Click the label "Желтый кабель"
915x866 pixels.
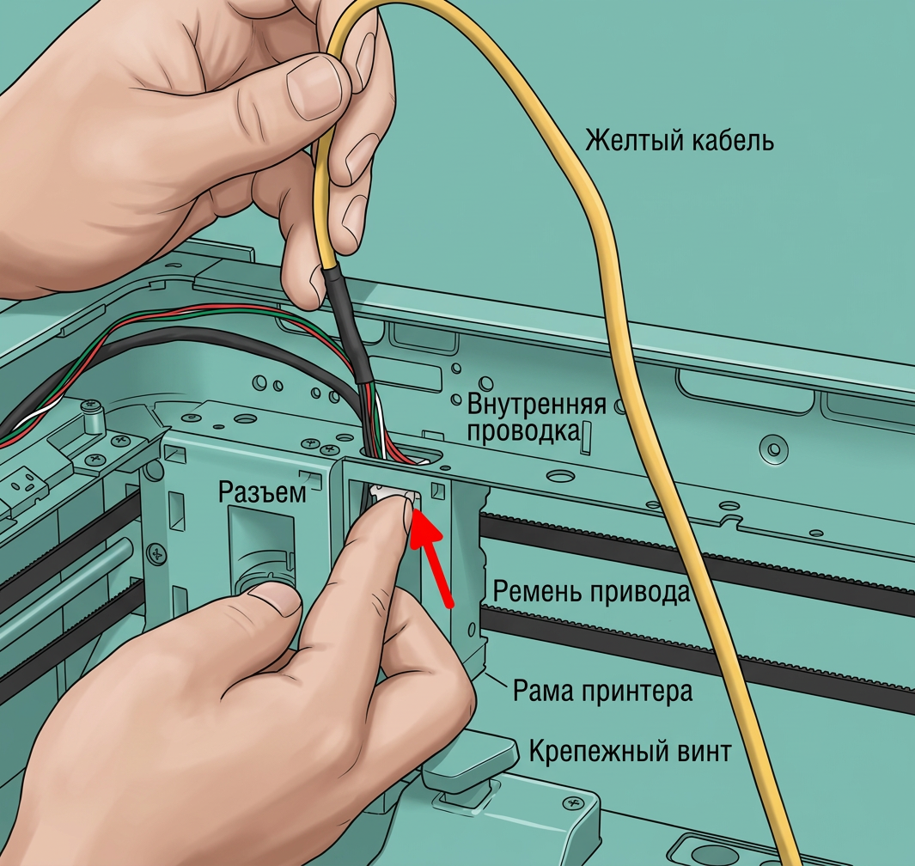(x=680, y=141)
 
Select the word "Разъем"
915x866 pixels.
(x=262, y=493)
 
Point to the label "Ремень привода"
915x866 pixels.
(x=591, y=592)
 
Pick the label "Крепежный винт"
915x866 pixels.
(x=630, y=751)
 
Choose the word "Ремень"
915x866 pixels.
(x=538, y=592)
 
